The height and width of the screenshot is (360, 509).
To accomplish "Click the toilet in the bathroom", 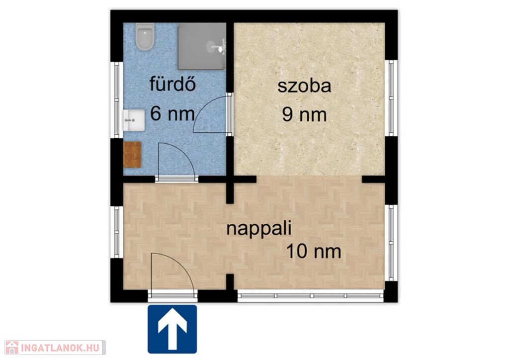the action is [145, 36].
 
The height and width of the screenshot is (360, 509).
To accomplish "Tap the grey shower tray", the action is [202, 46].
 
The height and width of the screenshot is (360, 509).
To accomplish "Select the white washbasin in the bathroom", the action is [134, 120].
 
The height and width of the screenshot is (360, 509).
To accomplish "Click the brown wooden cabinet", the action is [132, 155].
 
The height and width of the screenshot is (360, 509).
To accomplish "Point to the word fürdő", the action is [172, 84].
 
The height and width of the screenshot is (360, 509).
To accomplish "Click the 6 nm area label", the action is [172, 113].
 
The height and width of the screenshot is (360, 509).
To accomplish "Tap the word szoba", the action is [304, 86].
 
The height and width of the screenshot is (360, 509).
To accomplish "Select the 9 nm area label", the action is [304, 114].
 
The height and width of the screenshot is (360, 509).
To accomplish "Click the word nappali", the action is [258, 228].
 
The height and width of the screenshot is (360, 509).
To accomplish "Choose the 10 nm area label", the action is [314, 252].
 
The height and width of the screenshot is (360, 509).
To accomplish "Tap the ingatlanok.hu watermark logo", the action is [55, 348].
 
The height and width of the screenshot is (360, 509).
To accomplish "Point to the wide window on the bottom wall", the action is [311, 296].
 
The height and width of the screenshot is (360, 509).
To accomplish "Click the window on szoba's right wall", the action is [391, 98].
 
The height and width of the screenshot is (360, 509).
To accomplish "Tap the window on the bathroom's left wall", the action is [117, 99].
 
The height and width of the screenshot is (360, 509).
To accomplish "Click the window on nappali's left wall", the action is [117, 232].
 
